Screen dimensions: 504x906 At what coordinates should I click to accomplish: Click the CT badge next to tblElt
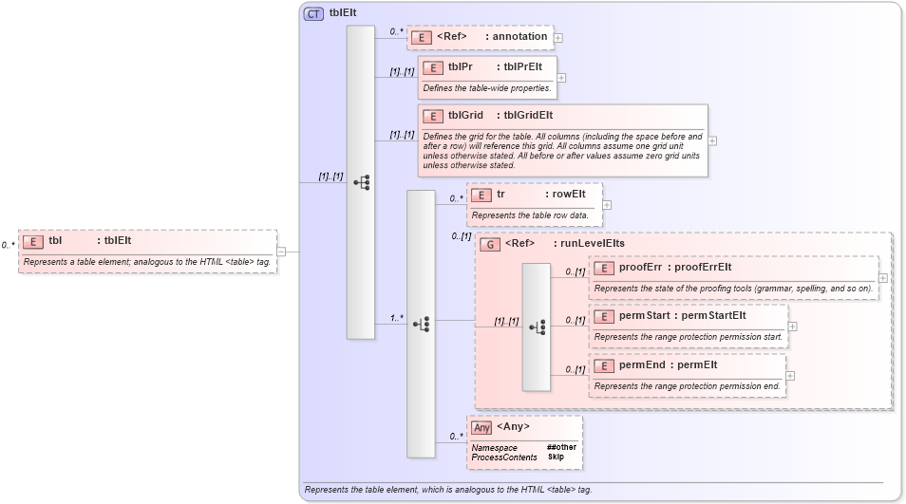313,13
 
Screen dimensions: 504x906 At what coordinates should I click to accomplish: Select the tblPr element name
461,67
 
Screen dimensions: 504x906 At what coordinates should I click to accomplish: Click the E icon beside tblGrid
433,116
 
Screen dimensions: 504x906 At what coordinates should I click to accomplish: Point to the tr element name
500,194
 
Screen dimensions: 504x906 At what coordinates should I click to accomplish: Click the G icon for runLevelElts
491,244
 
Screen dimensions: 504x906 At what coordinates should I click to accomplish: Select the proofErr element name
640,268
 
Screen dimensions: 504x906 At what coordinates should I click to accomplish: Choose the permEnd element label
642,364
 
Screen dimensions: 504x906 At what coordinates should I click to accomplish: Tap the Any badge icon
481,427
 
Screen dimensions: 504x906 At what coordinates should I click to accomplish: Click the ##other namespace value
561,447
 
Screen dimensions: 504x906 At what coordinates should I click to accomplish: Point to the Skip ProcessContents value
556,457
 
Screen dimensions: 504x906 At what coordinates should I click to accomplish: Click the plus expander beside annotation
558,38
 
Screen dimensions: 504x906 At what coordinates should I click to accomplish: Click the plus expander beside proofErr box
883,278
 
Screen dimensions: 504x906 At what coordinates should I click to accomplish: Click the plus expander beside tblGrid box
713,140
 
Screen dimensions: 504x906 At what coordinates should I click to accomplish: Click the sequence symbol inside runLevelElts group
537,327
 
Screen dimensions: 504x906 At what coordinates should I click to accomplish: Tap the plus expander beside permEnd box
790,375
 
